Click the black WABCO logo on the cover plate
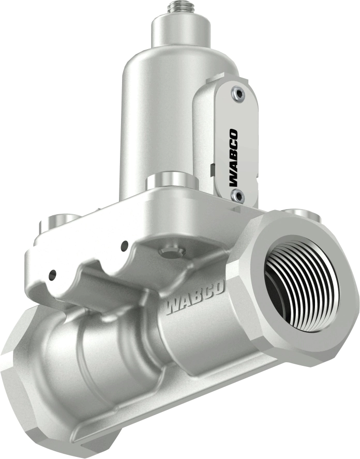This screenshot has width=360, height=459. (x=233, y=158)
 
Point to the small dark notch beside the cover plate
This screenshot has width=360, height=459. (x=213, y=169)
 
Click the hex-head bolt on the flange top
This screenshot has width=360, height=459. (x=172, y=252)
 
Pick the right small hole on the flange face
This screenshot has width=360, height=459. (x=124, y=246)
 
